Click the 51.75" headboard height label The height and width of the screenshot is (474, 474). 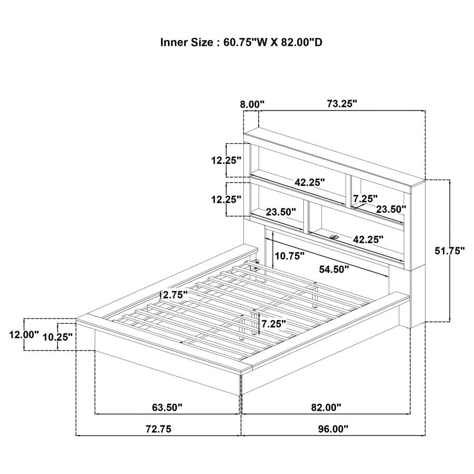pos(450,251)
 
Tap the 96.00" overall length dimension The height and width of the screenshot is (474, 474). pos(333,429)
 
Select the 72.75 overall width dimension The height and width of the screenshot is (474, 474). pos(159,429)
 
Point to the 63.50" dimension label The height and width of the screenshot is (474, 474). pos(167,408)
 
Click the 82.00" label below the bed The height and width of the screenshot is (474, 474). pos(326,408)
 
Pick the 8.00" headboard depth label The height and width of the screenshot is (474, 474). pos(252,105)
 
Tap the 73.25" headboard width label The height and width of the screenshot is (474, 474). pos(342,104)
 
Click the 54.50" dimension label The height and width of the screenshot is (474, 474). pos(334,269)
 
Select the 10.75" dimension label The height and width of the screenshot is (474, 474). pos(289,256)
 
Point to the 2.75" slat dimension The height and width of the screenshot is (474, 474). pos(175,294)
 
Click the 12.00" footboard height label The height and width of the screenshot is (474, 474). pos(24,334)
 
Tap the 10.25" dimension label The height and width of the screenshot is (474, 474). pos(57,337)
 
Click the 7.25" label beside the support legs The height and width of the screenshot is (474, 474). pos(273,324)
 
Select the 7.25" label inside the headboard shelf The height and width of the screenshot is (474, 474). pos(365,199)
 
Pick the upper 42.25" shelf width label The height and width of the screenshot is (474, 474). pos(310,182)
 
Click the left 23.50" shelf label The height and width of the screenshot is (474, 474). pos(281,212)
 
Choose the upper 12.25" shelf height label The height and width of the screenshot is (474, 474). pos(226,160)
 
